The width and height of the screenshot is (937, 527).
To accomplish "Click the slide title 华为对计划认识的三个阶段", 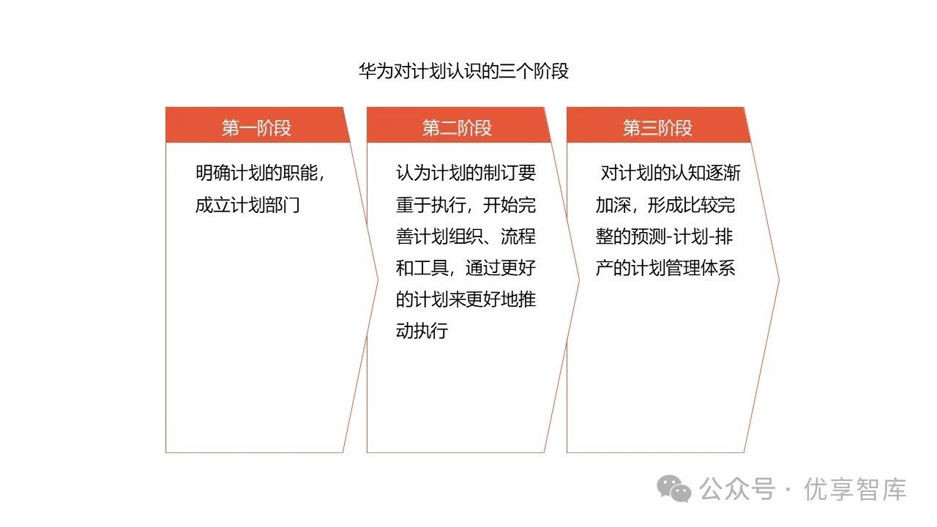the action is (x=463, y=71).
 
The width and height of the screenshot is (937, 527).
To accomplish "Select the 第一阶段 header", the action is (x=256, y=128).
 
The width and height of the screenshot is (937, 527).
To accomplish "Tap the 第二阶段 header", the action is (x=457, y=128).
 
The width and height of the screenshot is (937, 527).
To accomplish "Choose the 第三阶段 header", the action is (x=657, y=128).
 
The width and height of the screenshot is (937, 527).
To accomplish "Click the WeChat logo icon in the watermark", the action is (x=673, y=488).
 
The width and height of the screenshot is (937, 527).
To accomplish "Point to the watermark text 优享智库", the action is (x=855, y=489).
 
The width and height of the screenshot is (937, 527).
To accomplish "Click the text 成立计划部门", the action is (x=247, y=205).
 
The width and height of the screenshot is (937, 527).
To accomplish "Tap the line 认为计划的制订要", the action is (x=466, y=173).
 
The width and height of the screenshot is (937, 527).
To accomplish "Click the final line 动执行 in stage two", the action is (x=422, y=331).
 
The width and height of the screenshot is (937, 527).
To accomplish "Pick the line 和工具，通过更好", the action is (x=466, y=268).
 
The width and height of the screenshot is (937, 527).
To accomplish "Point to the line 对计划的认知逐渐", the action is (x=670, y=173).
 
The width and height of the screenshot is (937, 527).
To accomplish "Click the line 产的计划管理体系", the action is (x=665, y=268).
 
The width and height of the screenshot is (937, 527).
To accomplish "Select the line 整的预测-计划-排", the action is (x=665, y=236).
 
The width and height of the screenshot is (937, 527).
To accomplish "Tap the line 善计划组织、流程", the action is (x=466, y=236).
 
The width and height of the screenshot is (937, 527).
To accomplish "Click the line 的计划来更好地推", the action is (x=466, y=299).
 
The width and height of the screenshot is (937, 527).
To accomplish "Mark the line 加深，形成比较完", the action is (x=665, y=205).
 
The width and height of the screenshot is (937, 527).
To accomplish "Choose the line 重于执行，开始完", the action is (x=466, y=205).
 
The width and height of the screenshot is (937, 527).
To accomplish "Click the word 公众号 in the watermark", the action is (x=736, y=489).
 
